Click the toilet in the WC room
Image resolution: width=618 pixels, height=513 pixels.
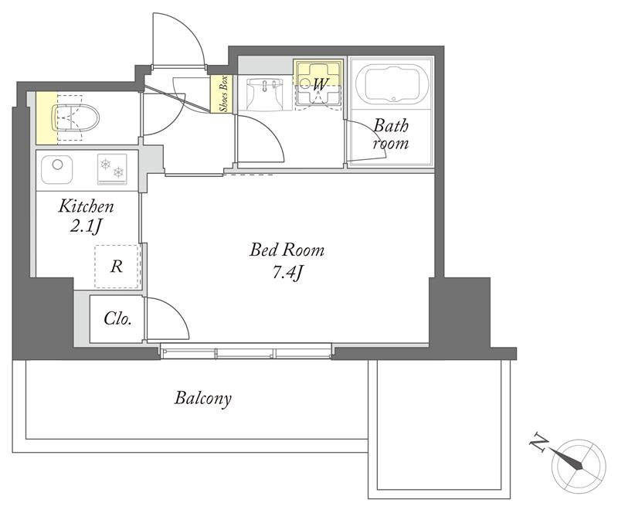75,117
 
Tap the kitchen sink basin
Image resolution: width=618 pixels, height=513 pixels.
56,169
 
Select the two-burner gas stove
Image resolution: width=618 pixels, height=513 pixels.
112,168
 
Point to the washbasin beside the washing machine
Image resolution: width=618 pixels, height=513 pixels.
264,94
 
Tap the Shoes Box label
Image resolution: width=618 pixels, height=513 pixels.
223,93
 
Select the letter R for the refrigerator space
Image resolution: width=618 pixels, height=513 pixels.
117,267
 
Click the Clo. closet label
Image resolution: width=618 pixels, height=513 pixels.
117,318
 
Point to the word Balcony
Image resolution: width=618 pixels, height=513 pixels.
203,398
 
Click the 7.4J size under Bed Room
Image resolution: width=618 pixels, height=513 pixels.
287,272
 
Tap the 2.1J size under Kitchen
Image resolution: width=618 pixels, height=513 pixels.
87,226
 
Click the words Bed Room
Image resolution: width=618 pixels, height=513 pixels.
287,250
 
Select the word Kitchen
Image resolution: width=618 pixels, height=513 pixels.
86,206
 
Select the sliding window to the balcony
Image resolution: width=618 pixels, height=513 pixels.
246,352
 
